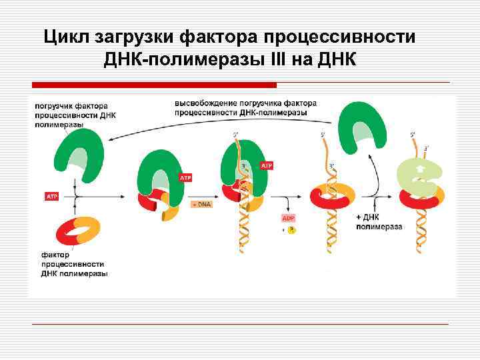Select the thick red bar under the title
[155, 85]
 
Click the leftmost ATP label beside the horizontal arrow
[52, 196]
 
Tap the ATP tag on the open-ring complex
[185, 178]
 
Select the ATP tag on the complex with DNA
[267, 165]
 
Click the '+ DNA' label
[202, 204]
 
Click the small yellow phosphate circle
[291, 230]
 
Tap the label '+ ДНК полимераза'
[379, 222]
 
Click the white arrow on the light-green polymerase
[419, 169]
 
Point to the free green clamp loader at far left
[79, 154]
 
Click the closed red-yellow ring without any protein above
[332, 195]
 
